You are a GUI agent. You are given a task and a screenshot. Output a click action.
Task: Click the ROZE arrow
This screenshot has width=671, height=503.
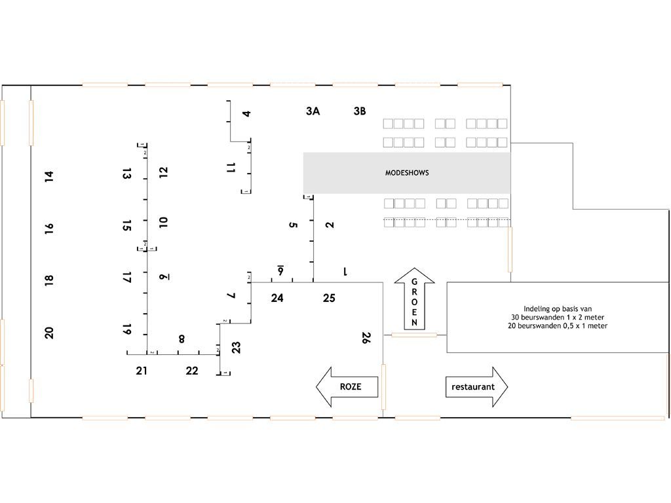click(x=347, y=386)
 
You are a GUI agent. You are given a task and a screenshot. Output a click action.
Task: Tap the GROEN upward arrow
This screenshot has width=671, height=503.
click(x=414, y=299)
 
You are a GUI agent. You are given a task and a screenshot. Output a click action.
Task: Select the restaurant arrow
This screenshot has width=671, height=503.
click(x=477, y=386)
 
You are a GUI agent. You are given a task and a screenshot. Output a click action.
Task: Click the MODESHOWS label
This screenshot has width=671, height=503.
click(x=407, y=173)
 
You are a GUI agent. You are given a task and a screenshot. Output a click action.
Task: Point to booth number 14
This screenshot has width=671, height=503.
click(x=49, y=176)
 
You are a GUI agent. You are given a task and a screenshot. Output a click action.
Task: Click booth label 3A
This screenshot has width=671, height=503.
click(x=313, y=111)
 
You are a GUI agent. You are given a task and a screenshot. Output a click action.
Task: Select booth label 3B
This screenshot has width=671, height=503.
click(x=360, y=111)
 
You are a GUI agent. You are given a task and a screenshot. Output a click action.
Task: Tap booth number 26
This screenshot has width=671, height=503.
click(x=366, y=338)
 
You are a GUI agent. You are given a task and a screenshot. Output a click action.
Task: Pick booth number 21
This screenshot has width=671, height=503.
click(x=142, y=371)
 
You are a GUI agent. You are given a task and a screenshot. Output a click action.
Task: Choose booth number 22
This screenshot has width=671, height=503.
click(x=192, y=371)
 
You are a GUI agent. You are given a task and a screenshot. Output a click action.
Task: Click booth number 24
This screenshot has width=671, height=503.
click(x=277, y=298)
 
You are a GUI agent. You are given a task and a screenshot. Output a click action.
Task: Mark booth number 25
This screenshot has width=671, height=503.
click(x=329, y=298)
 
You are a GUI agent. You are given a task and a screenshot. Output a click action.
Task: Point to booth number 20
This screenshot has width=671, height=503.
click(x=49, y=333)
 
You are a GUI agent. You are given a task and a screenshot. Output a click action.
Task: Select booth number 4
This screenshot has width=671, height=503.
click(x=246, y=114)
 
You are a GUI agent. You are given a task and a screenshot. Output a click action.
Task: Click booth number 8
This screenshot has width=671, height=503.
click(x=182, y=339)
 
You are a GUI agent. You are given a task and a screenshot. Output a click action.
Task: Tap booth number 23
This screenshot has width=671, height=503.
click(x=236, y=347)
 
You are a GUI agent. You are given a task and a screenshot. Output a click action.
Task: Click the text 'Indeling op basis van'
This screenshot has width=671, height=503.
click(x=558, y=309)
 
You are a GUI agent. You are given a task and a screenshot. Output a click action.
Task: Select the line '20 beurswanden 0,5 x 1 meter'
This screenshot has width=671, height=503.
click(x=558, y=326)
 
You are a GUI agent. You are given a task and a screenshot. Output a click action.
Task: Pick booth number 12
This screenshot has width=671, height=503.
click(x=163, y=172)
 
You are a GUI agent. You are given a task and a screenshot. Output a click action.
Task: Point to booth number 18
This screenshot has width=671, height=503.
click(x=49, y=280)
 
